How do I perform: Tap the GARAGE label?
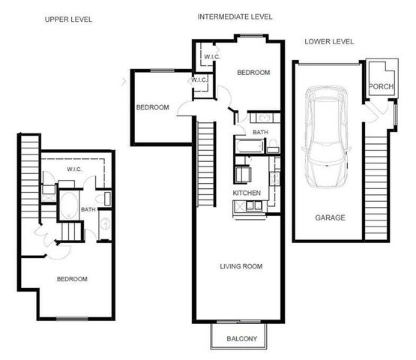tap(330, 217)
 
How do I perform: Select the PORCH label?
tap(378, 87)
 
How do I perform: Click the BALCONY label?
tap(241, 339)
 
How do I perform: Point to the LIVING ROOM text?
tap(241, 266)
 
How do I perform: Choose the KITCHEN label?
tap(247, 193)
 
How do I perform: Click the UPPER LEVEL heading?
tap(68, 19)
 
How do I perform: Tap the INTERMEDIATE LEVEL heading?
tap(235, 16)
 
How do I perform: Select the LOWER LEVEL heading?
tap(331, 41)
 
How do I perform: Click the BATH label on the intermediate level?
tap(260, 133)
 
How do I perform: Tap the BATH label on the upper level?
tap(88, 210)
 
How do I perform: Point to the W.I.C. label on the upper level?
tap(74, 169)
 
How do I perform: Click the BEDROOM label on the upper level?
tap(72, 279)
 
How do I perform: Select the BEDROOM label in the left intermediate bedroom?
tap(152, 107)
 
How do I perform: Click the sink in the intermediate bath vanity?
tap(264, 118)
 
